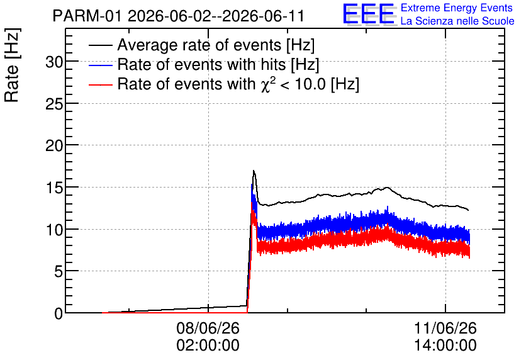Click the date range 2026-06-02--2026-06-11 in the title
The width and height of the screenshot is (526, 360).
coord(216,16)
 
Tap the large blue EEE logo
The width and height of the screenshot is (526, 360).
coord(369,14)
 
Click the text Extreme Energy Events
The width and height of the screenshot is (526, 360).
coord(457,8)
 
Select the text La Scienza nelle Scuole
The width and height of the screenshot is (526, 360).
coord(457,21)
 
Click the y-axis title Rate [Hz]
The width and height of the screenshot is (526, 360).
coord(12,65)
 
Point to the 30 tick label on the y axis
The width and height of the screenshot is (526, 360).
coord(53,62)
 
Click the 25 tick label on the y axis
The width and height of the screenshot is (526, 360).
coord(53,104)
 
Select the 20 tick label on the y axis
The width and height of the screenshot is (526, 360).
coord(53,146)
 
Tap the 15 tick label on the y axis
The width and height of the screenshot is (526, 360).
coord(53,188)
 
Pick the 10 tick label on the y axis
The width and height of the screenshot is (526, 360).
coord(53,230)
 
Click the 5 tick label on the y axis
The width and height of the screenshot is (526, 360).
coord(59,271)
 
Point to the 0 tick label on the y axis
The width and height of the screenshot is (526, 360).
coord(59,313)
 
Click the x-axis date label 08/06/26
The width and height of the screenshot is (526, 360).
coord(208,328)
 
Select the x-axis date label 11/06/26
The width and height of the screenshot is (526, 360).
coord(445,328)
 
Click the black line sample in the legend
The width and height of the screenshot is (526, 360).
coord(100,45)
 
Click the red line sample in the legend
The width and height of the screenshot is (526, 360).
coord(100,84)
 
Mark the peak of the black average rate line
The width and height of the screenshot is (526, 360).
coord(254,171)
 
